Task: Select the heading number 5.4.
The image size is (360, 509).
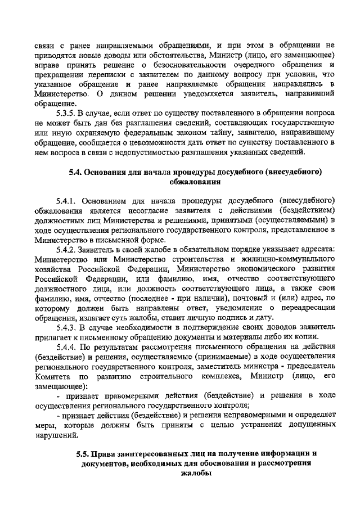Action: [x=75, y=172]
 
